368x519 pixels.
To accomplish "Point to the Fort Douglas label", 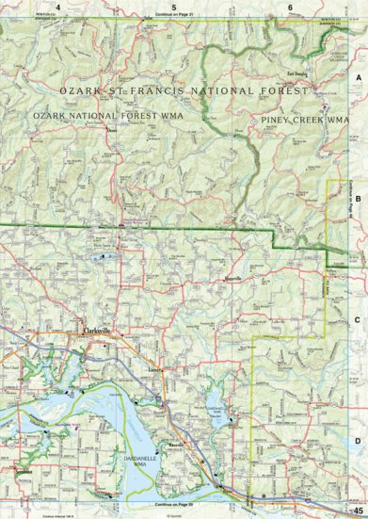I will point(297,73).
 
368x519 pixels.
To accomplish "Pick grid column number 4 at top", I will point(57,8).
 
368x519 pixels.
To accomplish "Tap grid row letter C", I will point(358,319).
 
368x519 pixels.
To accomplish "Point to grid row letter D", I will point(358,441).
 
